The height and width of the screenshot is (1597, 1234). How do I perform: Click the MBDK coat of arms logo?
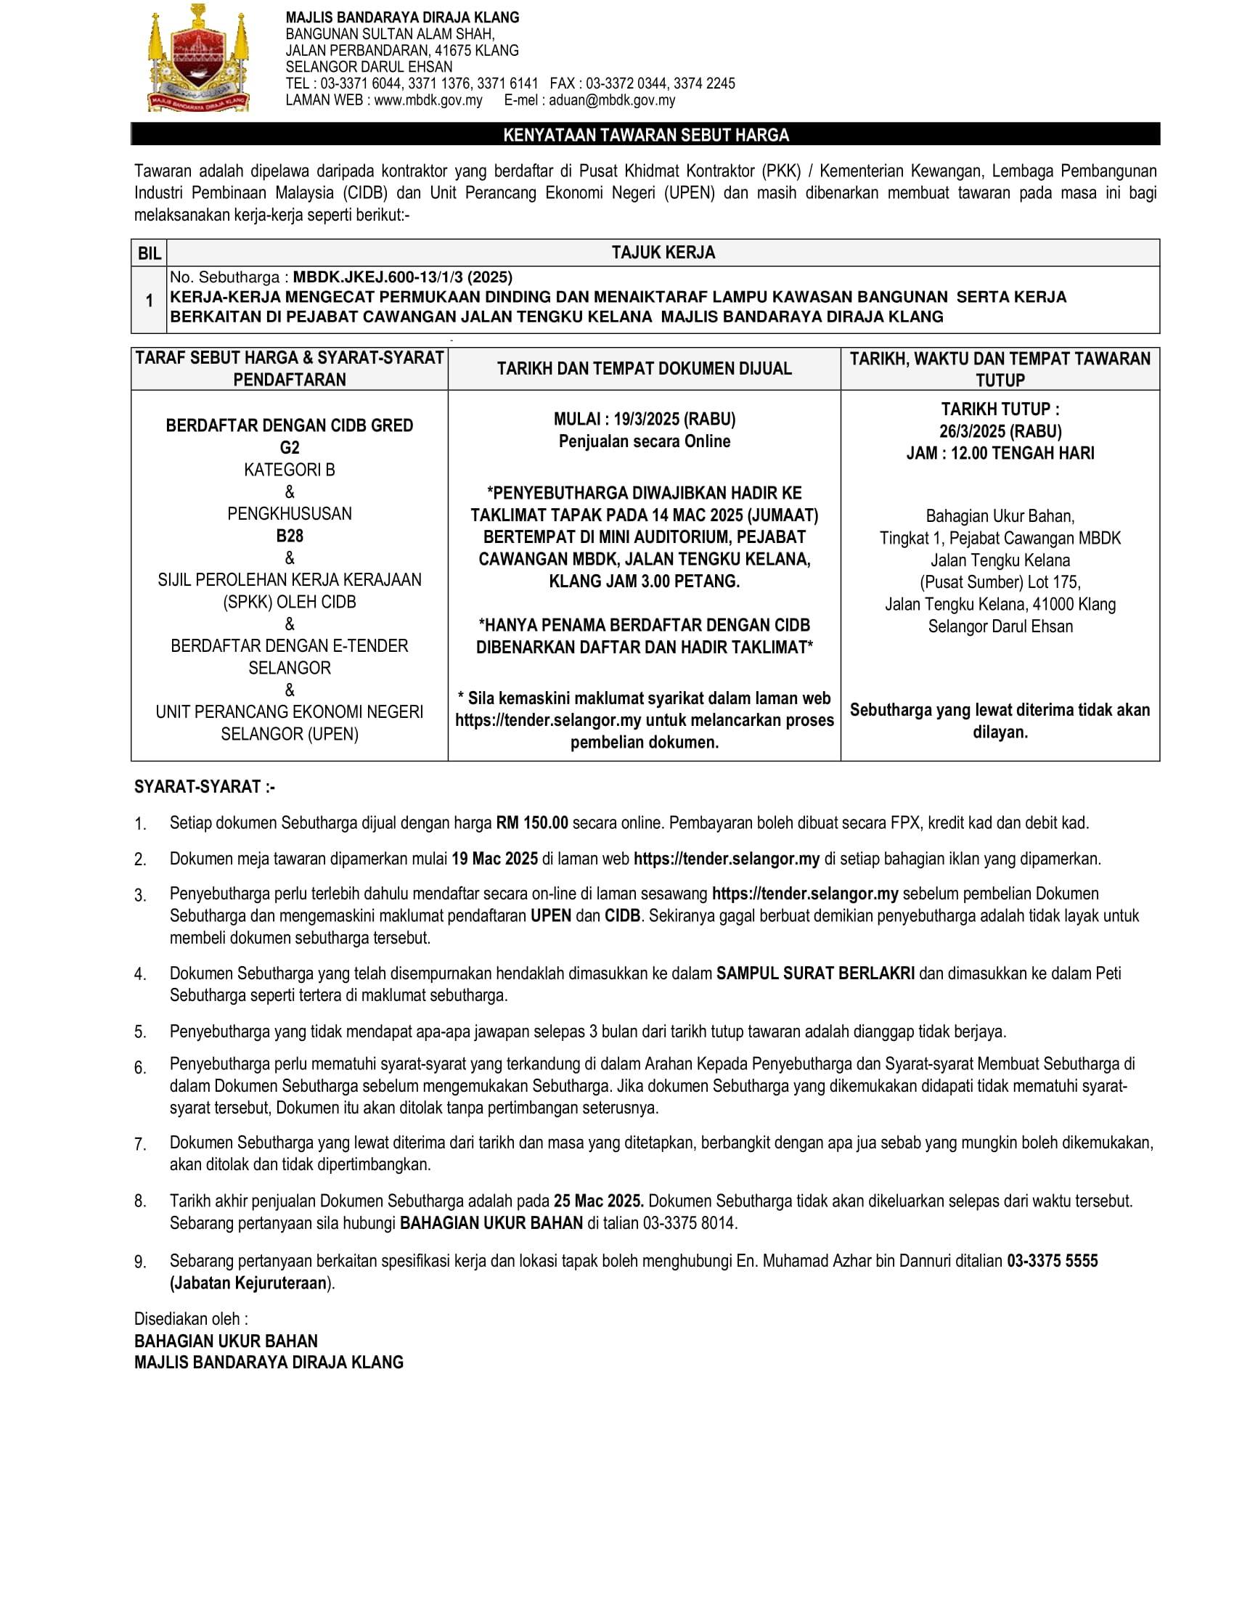199,59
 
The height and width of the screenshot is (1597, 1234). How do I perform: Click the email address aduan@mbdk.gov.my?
611,100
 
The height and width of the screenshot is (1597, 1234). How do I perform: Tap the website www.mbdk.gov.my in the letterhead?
428,100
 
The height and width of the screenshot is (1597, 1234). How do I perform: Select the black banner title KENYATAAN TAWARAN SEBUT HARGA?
645,135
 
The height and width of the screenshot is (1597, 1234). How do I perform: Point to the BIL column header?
149,253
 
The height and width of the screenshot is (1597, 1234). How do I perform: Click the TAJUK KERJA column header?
663,253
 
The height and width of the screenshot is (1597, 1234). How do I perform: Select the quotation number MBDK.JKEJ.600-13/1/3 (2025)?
402,277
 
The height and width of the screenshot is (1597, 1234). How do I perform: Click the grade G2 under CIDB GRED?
290,447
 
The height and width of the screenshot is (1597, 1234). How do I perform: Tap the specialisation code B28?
290,536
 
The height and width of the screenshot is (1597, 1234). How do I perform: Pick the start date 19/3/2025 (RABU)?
674,419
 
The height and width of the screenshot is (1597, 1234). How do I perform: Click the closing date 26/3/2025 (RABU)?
1000,431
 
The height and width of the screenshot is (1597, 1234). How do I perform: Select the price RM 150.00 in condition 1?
531,822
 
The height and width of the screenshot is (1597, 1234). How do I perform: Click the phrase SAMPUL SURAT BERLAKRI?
815,973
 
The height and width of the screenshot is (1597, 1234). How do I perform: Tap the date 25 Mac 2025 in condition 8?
598,1201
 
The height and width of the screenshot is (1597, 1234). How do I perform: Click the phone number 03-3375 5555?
1052,1261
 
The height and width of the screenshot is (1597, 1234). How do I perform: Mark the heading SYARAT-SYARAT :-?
205,787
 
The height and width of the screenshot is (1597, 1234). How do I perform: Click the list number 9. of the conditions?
140,1262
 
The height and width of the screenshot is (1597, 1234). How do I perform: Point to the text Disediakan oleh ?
191,1318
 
